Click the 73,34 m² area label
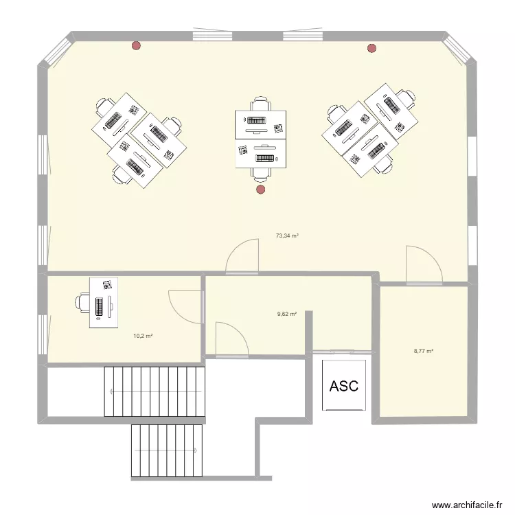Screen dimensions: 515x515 (x=287, y=236)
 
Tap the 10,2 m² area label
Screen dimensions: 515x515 (x=143, y=336)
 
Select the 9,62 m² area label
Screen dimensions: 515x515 (x=287, y=314)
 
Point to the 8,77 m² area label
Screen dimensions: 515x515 (x=423, y=350)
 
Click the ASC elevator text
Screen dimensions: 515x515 (x=344, y=386)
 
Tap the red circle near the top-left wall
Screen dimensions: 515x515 (x=137, y=46)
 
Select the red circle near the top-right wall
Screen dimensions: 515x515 (x=372, y=48)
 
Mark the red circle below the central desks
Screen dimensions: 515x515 (x=260, y=190)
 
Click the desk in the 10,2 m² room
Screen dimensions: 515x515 (x=104, y=303)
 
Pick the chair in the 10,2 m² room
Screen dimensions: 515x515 (x=83, y=303)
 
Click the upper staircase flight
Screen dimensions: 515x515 (x=154, y=391)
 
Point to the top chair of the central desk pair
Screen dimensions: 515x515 (x=260, y=104)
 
